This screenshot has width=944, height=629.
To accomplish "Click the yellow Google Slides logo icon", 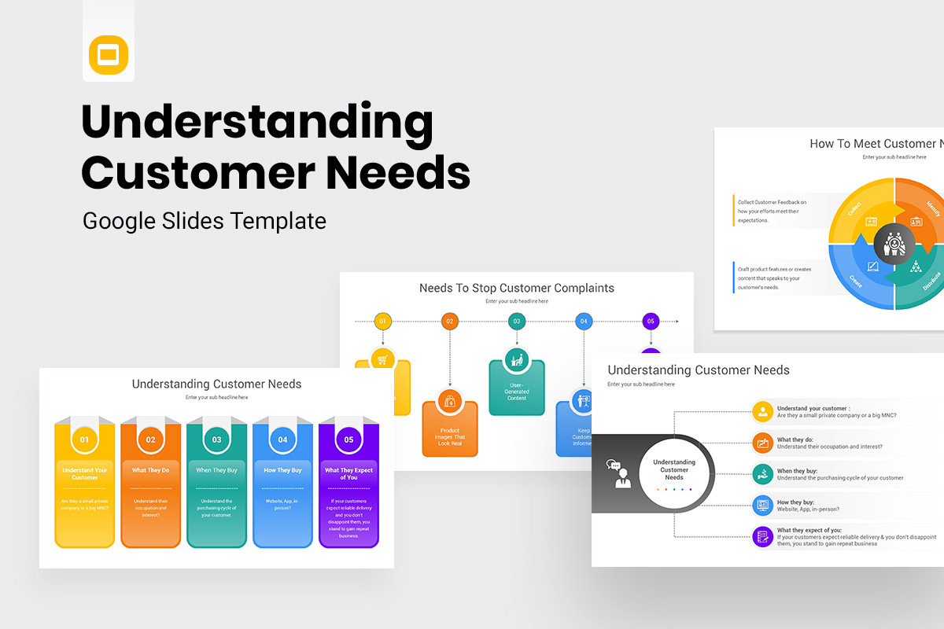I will (109, 55).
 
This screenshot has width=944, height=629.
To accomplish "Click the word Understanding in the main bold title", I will (257, 124).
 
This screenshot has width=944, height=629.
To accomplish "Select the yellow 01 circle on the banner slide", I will (85, 440).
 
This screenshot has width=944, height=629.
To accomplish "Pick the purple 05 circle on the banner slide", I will (348, 440).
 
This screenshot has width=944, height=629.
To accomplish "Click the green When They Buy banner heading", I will (216, 470).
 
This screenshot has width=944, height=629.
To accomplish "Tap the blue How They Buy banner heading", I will (282, 470).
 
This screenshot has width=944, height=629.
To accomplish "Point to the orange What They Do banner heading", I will (150, 470).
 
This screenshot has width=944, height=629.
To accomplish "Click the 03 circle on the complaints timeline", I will (517, 321).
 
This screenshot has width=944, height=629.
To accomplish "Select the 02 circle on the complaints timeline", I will (450, 321).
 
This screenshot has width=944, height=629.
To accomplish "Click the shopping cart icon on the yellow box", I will (382, 360).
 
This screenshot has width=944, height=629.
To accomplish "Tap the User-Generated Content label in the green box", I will (517, 392).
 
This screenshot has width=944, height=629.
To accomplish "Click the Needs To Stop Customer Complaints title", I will (517, 288).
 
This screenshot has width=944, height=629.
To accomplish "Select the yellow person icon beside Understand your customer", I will (762, 411).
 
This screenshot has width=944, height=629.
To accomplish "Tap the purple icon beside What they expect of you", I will (762, 536).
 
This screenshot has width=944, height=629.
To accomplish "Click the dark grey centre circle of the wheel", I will (894, 241).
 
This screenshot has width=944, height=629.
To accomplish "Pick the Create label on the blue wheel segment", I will (855, 280).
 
